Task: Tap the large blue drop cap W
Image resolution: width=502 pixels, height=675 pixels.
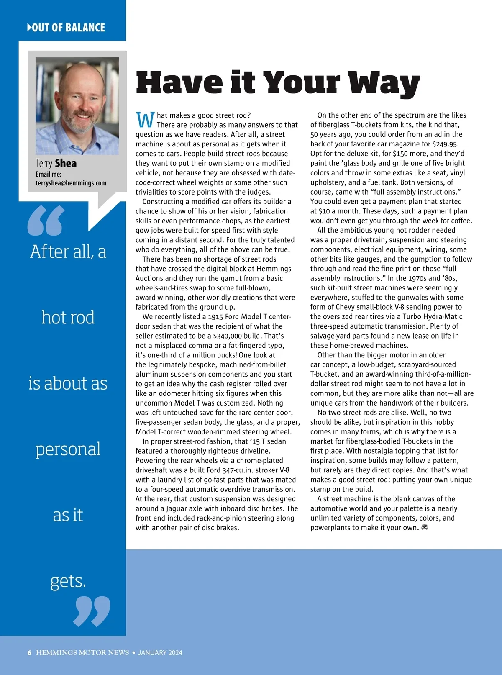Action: click(145, 120)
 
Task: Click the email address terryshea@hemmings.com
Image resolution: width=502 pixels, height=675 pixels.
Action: click(71, 183)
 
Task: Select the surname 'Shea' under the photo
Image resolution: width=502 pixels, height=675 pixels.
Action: click(66, 163)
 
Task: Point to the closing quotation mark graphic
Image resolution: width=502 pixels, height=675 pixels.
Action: click(92, 611)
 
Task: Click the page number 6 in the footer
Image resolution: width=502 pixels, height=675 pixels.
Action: click(29, 652)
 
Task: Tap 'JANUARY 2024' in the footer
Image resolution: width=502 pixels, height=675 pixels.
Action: click(160, 652)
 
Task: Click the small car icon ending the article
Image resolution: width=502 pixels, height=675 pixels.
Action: click(425, 527)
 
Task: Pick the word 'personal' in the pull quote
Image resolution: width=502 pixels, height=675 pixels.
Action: click(68, 449)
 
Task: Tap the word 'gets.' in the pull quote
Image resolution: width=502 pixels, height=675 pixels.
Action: click(68, 581)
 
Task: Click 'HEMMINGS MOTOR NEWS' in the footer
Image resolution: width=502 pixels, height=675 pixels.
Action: click(82, 652)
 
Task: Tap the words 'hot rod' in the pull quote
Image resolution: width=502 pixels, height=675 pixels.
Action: click(68, 317)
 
